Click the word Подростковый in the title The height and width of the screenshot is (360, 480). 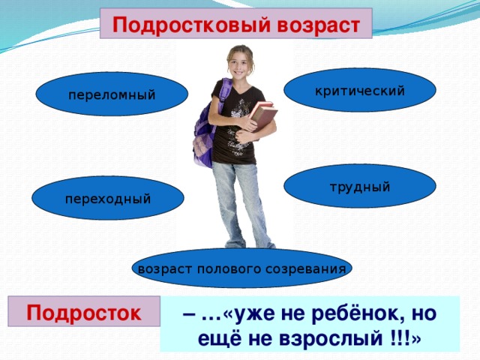point(191,25)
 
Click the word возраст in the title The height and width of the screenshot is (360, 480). point(318,25)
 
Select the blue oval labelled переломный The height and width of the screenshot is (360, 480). point(112,94)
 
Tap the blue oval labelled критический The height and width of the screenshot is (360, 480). point(360,90)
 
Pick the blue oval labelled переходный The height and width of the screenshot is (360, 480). point(108,198)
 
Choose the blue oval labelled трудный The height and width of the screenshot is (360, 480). point(360,186)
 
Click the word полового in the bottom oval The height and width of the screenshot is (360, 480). point(229,269)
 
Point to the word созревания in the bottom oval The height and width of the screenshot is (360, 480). point(306,269)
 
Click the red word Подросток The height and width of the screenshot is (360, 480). point(83,313)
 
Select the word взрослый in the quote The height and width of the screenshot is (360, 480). point(331,338)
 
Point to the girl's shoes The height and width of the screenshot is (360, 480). point(250,244)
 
